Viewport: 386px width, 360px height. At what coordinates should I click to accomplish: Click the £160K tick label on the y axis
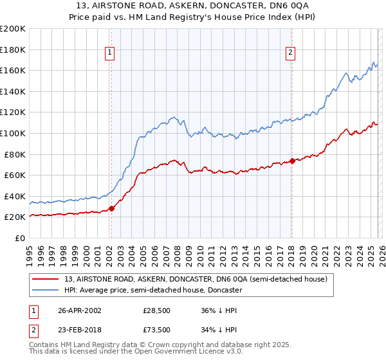(x=13, y=70)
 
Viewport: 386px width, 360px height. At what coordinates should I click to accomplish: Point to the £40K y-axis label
(x=15, y=196)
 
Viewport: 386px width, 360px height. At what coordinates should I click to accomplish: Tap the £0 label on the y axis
(x=20, y=238)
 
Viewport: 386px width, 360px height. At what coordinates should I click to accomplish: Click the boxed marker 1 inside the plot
(x=111, y=53)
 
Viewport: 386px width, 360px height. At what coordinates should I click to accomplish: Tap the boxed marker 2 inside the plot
(x=291, y=53)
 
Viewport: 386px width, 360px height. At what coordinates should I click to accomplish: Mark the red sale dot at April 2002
(x=111, y=208)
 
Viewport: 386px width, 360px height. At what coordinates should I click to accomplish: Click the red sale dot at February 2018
(x=291, y=161)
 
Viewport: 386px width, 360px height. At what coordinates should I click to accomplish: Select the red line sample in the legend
(x=46, y=279)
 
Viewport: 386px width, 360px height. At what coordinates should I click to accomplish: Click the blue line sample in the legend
(x=46, y=290)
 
